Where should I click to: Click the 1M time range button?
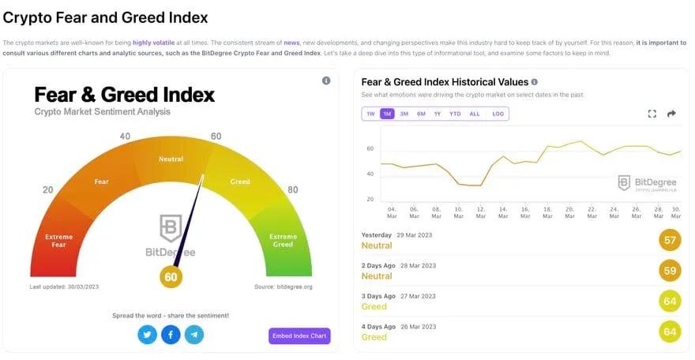[387, 114]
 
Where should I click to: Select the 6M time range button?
[421, 114]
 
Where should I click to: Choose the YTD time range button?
[455, 114]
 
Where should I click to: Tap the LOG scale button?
[498, 114]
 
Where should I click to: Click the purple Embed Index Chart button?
[299, 336]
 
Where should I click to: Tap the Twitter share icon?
[147, 335]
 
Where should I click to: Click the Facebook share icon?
[171, 335]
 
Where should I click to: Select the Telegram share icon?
[194, 335]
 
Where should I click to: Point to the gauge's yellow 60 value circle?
[171, 276]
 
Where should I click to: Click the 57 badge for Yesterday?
[670, 240]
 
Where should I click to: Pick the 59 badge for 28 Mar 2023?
[670, 271]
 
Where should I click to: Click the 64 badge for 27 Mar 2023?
[670, 301]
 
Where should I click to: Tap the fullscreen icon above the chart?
[652, 114]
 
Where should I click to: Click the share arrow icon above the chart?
[672, 114]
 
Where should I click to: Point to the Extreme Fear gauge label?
[59, 240]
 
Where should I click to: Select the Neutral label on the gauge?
[171, 159]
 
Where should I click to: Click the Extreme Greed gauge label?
[283, 240]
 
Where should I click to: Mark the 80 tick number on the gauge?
[293, 189]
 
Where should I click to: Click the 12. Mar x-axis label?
[481, 213]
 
